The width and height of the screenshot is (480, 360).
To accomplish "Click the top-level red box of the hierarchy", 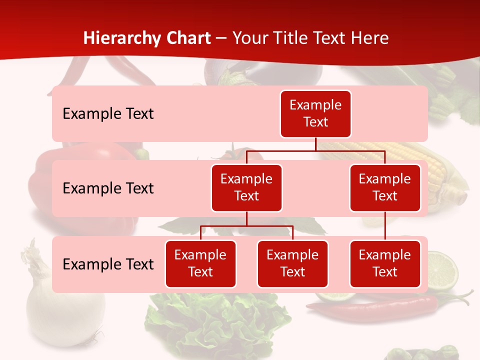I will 315,113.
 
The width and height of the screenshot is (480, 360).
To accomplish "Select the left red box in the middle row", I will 246,187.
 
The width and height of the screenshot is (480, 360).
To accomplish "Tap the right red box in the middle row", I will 385,187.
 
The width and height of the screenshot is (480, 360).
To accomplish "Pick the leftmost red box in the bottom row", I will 200,263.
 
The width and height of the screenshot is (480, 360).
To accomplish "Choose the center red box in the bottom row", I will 292,263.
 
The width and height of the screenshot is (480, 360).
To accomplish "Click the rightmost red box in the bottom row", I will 385,263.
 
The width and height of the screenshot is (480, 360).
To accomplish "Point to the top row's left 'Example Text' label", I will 108,114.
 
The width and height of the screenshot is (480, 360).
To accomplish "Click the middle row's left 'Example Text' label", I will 108,188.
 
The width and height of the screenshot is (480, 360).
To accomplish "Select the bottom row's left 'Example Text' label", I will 108,264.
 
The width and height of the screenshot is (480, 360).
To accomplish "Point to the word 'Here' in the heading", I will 369,38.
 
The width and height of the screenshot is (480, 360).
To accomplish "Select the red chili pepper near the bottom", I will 380,305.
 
